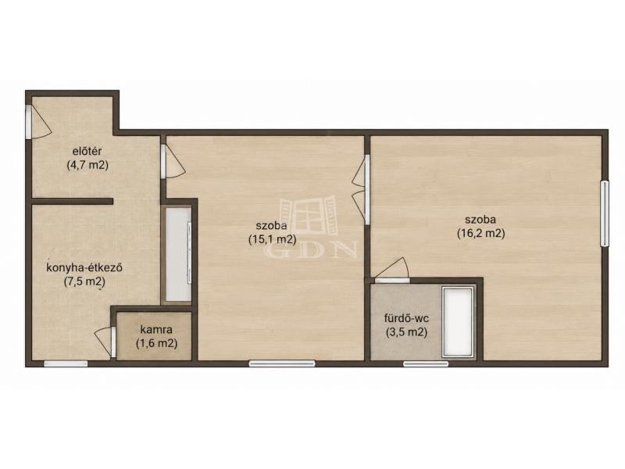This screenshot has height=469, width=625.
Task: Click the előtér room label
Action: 87,151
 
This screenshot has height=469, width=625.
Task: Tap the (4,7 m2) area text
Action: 87,165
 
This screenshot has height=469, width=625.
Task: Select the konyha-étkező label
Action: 84,267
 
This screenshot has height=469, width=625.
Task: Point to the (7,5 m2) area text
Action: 84,281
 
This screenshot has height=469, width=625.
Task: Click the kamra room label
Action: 156,330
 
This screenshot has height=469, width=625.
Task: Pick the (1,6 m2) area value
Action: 156,343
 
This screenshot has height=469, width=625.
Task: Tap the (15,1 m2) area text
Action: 272,239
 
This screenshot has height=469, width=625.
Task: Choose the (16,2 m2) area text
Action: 480,233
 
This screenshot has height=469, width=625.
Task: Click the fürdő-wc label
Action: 406,318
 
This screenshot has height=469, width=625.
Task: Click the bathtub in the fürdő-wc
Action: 459,322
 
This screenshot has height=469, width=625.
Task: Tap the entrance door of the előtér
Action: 37,122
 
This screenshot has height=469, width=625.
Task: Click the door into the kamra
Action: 105,342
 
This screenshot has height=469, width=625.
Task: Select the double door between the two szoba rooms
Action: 362,190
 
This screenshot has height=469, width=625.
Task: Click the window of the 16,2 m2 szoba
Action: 605,213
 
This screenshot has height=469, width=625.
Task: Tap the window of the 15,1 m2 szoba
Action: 282,363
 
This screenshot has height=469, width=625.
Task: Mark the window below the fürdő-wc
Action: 426,363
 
